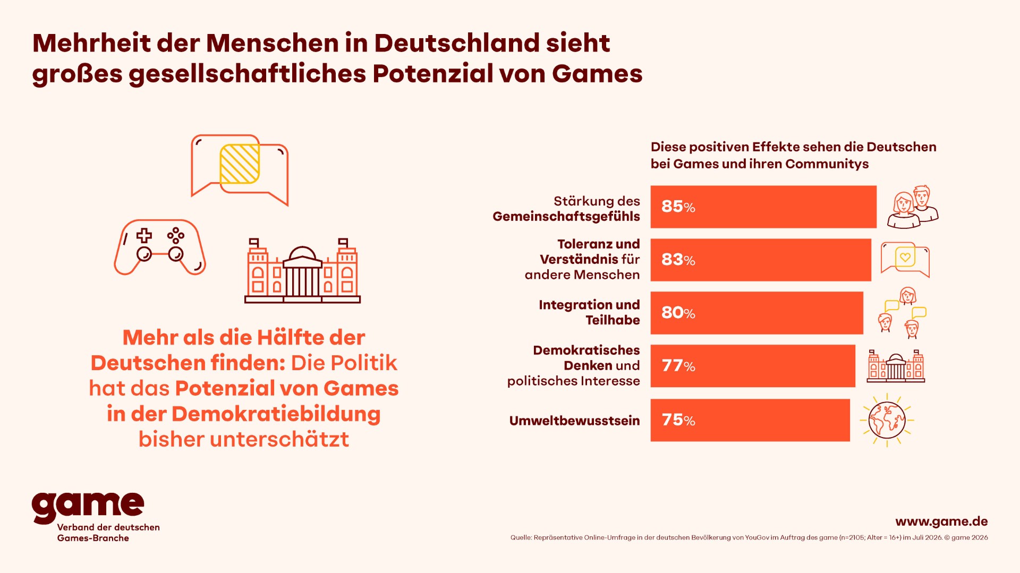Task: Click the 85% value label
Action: point(678,207)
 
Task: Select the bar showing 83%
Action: point(761,260)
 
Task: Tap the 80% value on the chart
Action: point(678,313)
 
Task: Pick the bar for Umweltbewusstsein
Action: point(750,420)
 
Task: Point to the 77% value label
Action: point(678,366)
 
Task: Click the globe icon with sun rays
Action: point(887,420)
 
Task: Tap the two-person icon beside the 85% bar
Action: point(913,207)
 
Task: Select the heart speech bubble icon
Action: point(905,260)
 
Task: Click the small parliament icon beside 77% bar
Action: point(896,366)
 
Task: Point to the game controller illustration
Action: point(159,247)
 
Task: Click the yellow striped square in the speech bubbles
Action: point(240,164)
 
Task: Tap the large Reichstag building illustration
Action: point(302,271)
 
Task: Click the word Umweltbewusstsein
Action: point(574,421)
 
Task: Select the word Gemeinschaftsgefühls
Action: point(566,217)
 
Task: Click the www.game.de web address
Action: point(941,521)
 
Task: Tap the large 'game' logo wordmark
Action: point(88,507)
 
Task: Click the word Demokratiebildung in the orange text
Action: point(276,414)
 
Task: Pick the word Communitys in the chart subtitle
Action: point(827,164)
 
